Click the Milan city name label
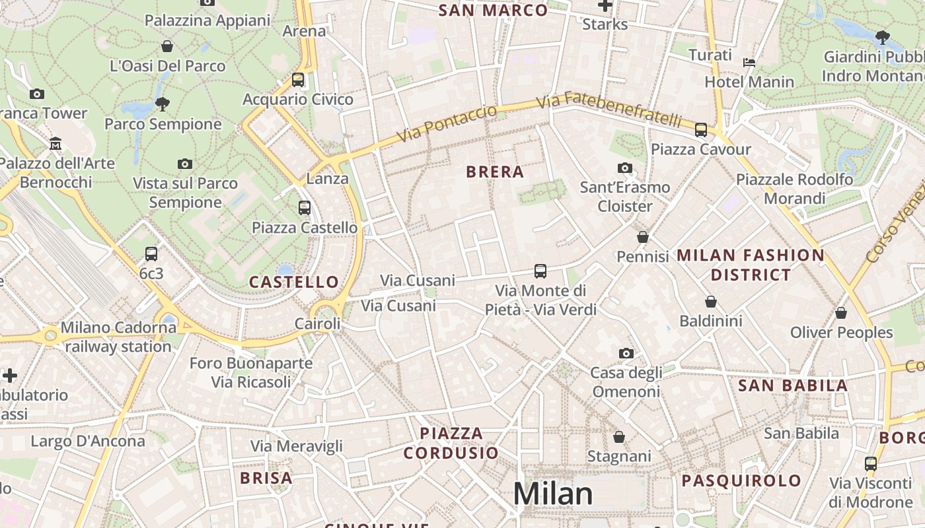tap(552, 494)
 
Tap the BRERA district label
tap(495, 172)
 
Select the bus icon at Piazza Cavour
tap(701, 130)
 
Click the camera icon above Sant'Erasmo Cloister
tap(624, 168)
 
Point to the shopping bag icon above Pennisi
tap(643, 237)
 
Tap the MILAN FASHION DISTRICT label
tap(751, 265)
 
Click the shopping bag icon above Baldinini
tap(711, 302)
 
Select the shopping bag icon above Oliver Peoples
tap(841, 313)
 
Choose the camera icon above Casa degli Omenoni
tap(626, 354)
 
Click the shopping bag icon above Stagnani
tap(619, 437)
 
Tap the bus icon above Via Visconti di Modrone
tap(870, 464)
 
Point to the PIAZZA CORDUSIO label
tap(452, 443)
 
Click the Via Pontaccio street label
tap(447, 123)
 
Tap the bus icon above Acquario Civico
tap(298, 80)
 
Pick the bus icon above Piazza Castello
tap(305, 208)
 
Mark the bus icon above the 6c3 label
tap(151, 254)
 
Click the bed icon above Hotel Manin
tap(749, 63)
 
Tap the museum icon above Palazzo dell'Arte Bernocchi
tap(55, 143)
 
